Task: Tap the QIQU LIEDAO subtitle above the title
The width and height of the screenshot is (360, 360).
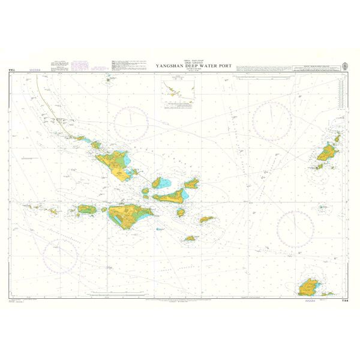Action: (x=188, y=62)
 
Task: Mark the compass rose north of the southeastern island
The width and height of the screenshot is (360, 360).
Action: (x=295, y=229)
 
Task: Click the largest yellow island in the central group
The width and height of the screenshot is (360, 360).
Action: (x=127, y=216)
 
